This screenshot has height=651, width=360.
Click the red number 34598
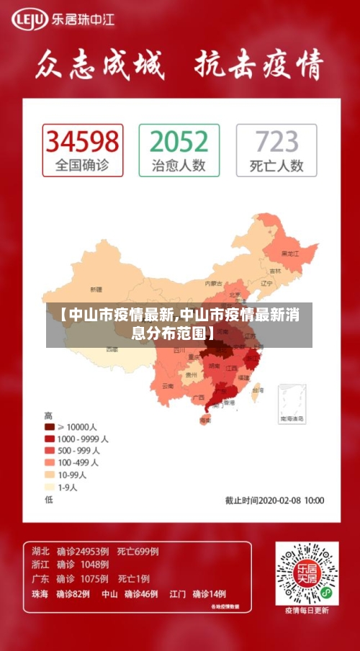tap(82, 140)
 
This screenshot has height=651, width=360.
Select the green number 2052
tap(179, 140)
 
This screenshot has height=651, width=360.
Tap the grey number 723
tap(276, 140)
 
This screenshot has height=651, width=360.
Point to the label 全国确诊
tap(82, 165)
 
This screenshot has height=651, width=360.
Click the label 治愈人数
tap(179, 165)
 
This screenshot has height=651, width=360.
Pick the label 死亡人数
tap(276, 165)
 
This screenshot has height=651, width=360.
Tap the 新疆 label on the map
tap(96, 289)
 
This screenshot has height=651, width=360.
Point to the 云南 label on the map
tap(168, 386)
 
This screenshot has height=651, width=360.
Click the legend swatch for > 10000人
tap(50, 427)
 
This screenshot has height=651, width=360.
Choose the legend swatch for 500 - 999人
tap(50, 451)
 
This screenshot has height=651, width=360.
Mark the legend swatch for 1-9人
tap(50, 487)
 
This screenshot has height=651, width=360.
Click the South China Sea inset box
tap(291, 402)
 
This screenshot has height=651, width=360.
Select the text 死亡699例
tap(138, 552)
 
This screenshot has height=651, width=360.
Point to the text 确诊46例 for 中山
tap(140, 594)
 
